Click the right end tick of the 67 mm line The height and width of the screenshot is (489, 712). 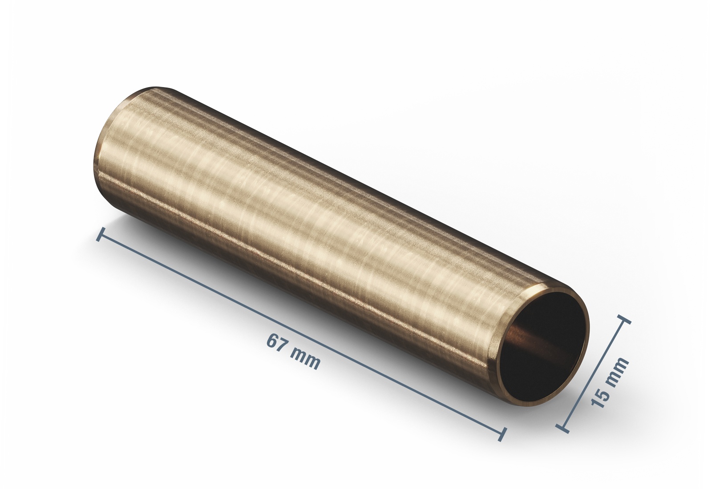[x=502, y=434]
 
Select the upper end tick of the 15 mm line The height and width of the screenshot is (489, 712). [x=624, y=319]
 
